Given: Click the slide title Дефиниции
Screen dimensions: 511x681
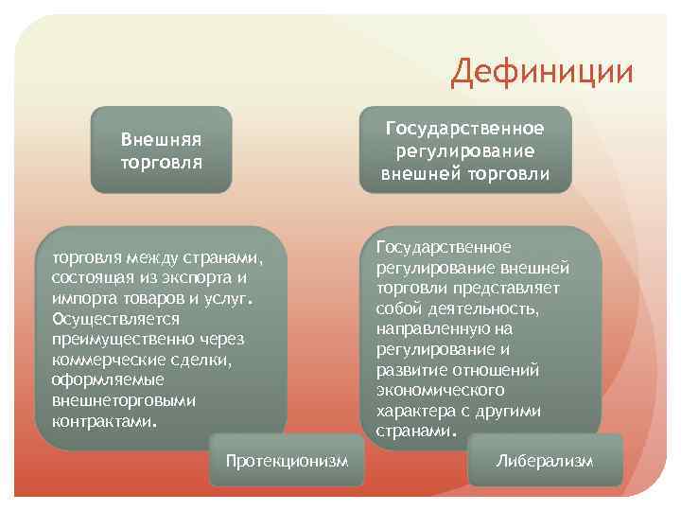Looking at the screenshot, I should [x=542, y=71].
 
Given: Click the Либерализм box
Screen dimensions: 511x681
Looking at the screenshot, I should [x=546, y=461].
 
